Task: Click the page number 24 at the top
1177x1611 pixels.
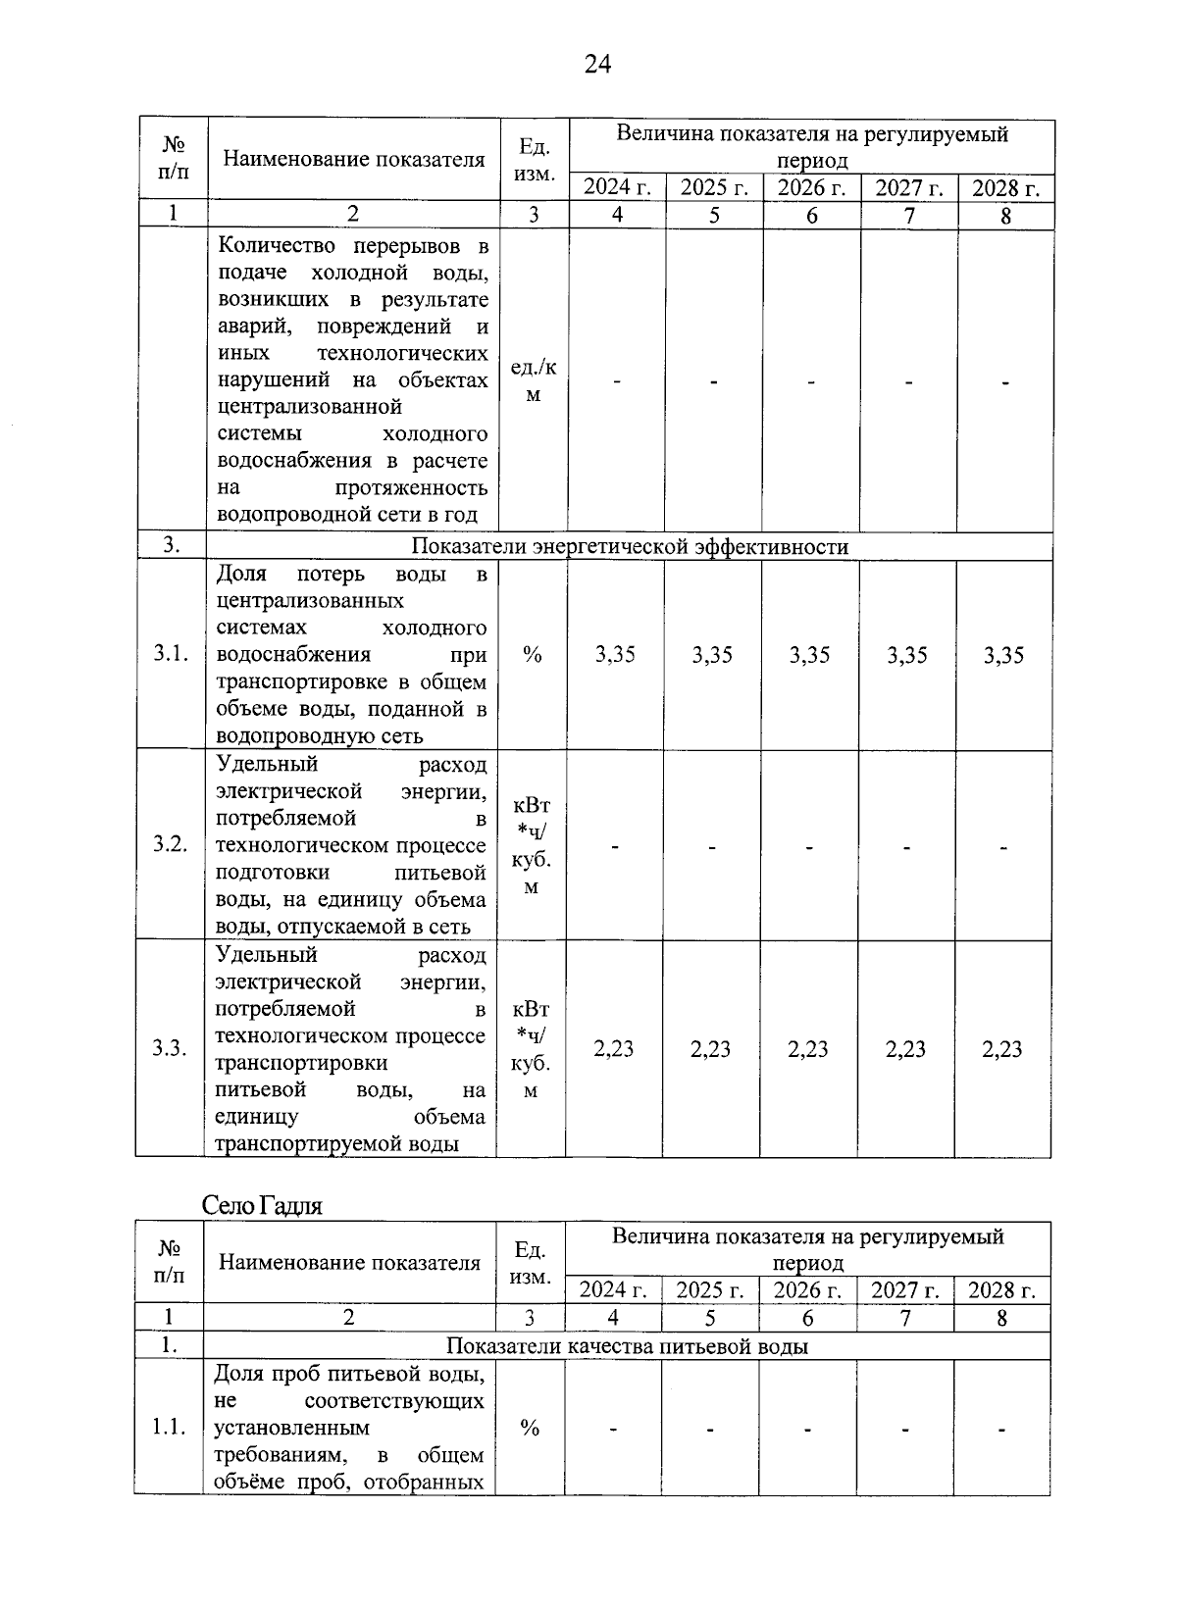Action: (x=597, y=65)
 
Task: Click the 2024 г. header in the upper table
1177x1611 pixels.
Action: (x=617, y=187)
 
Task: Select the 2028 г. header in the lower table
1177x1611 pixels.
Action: (x=1001, y=1289)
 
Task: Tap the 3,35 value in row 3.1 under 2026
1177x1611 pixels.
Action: (x=809, y=655)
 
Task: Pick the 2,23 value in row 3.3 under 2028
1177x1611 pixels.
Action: (x=1002, y=1049)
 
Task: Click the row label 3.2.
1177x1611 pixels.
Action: (x=171, y=844)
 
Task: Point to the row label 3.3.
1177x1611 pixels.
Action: (x=170, y=1048)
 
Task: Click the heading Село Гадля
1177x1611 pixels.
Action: (x=262, y=1205)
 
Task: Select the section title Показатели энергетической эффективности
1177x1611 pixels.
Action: (x=630, y=546)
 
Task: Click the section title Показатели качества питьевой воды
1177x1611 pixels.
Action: (x=627, y=1346)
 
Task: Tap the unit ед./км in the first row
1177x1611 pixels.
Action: (x=534, y=380)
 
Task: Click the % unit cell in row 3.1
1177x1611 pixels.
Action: (x=532, y=655)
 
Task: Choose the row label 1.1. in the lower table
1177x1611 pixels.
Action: (x=169, y=1428)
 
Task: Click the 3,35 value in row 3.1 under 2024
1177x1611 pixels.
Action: (x=615, y=655)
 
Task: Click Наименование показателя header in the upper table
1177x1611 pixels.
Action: (x=353, y=160)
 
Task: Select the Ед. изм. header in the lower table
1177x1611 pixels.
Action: (x=530, y=1263)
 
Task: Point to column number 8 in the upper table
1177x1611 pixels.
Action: (x=1005, y=215)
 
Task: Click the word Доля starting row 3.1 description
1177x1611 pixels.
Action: (x=240, y=574)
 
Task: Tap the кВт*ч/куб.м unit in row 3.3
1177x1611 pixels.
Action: (x=531, y=1049)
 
